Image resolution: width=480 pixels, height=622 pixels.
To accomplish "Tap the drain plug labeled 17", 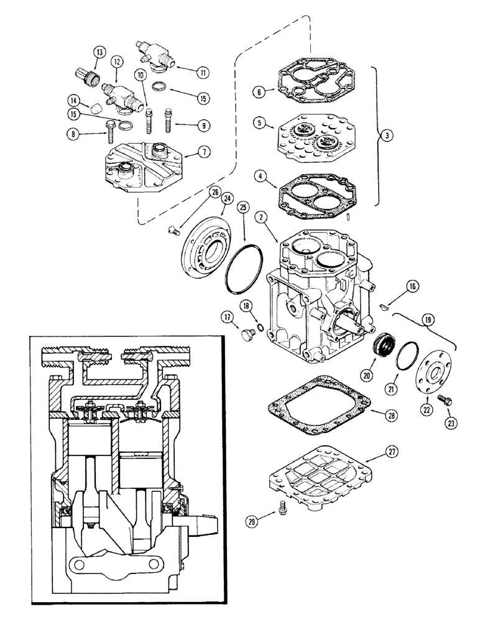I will click(248, 335).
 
